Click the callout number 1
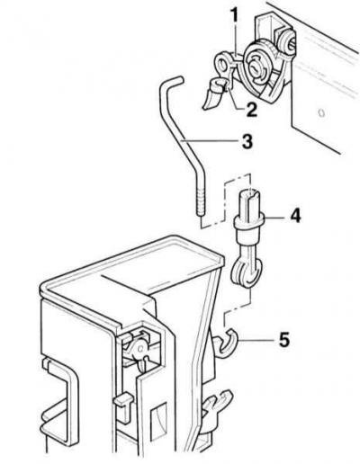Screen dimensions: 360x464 click(x=235, y=15)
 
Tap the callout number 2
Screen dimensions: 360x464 click(x=251, y=110)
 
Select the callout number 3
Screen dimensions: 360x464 click(x=247, y=141)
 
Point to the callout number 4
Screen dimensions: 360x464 click(x=295, y=216)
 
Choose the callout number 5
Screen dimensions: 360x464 click(x=283, y=340)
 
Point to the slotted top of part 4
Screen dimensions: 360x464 click(x=248, y=200)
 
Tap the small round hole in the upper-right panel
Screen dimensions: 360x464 click(x=321, y=113)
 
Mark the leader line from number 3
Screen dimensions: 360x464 click(x=209, y=141)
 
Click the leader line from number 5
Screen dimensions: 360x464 click(x=256, y=340)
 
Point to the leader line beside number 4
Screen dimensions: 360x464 click(x=274, y=216)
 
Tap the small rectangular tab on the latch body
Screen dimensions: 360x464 click(x=123, y=400)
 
